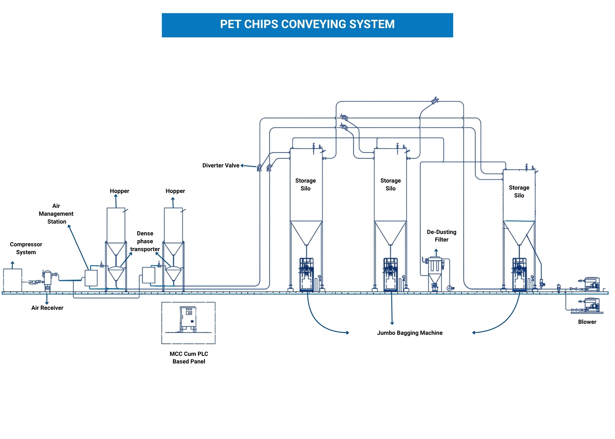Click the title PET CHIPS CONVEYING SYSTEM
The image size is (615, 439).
pyautogui.click(x=307, y=24)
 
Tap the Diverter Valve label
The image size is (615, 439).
pyautogui.click(x=221, y=165)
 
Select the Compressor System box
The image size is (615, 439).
pyautogui.click(x=13, y=280)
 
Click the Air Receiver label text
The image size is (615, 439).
pyautogui.click(x=47, y=308)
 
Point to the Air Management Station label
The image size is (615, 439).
pyautogui.click(x=56, y=214)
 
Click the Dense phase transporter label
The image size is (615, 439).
pyautogui.click(x=145, y=241)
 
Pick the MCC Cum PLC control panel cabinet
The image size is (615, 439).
pyautogui.click(x=188, y=319)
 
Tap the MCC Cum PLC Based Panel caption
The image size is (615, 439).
pyautogui.click(x=189, y=358)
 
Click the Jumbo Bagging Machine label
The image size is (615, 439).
pyautogui.click(x=410, y=333)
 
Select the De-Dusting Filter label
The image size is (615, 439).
pyautogui.click(x=442, y=236)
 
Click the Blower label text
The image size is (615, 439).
pyautogui.click(x=587, y=322)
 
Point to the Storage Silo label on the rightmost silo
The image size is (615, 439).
pyautogui.click(x=519, y=192)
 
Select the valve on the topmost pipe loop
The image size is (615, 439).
pyautogui.click(x=435, y=101)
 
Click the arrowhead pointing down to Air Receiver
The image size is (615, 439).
pyautogui.click(x=47, y=303)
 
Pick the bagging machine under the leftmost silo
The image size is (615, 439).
pyautogui.click(x=306, y=275)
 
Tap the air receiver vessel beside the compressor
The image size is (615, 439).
pyautogui.click(x=48, y=278)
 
